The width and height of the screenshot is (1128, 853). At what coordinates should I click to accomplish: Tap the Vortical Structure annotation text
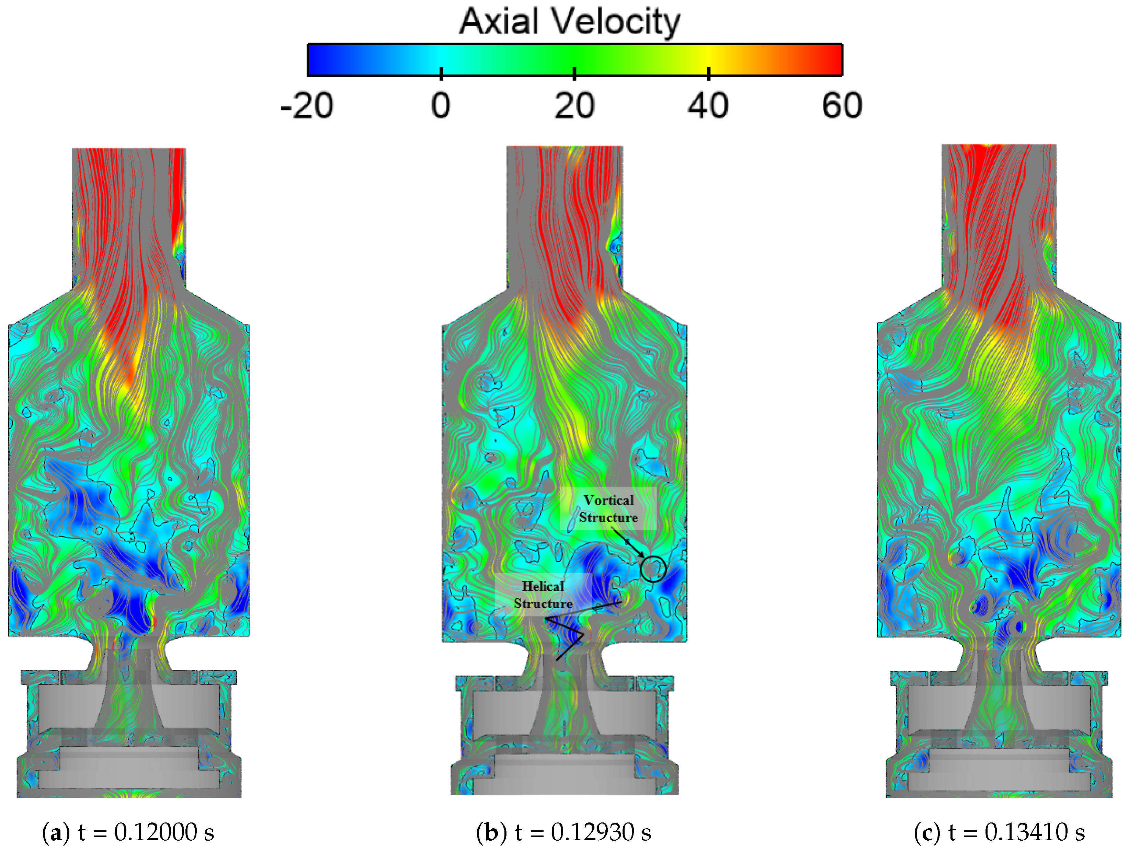pyautogui.click(x=608, y=509)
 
